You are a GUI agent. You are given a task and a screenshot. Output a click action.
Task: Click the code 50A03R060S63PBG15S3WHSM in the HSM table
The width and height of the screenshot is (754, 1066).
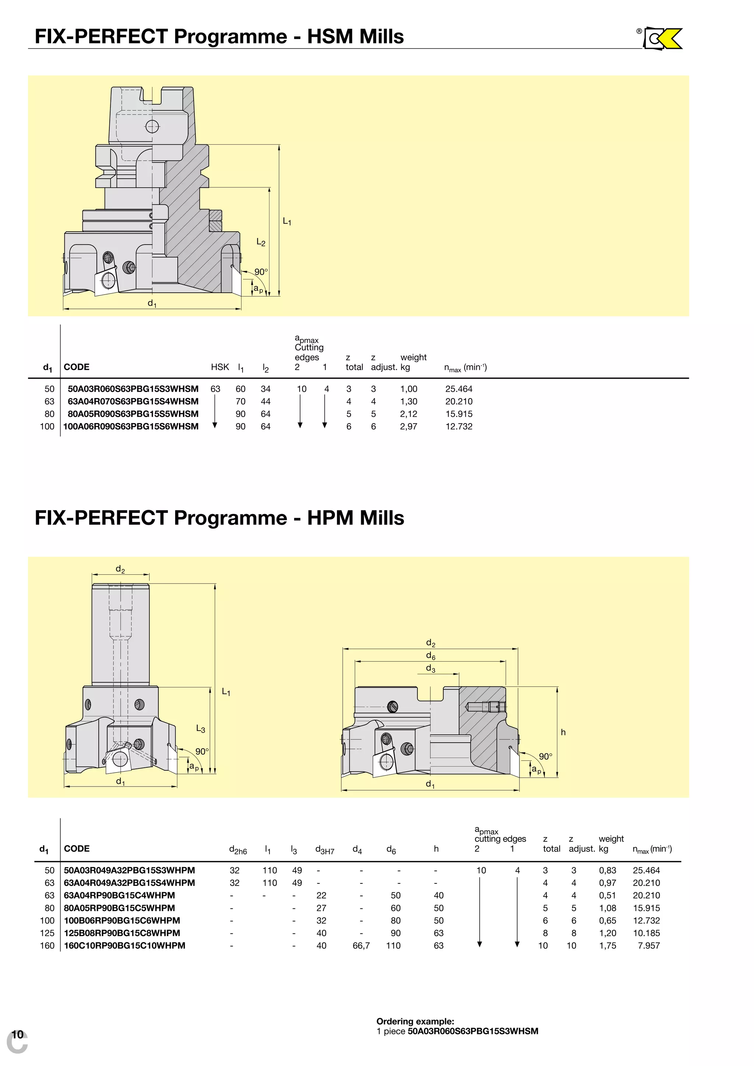[133, 389]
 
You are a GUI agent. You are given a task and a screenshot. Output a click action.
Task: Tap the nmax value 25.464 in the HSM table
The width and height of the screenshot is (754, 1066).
[458, 389]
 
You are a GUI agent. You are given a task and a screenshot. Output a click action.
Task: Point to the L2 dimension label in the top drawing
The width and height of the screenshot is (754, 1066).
[261, 242]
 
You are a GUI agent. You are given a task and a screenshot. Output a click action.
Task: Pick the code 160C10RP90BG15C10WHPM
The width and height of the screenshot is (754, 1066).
[124, 946]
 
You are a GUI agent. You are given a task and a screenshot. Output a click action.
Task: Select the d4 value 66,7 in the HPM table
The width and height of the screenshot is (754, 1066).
[361, 946]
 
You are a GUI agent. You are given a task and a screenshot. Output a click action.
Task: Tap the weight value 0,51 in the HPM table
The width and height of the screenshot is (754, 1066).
[607, 896]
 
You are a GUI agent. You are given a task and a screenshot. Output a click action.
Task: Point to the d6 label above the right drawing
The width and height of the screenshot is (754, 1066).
[430, 656]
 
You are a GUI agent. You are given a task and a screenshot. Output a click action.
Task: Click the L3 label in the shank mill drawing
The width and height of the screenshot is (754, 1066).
[200, 729]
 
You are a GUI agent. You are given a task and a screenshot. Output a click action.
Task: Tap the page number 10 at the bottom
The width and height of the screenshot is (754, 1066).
[17, 1034]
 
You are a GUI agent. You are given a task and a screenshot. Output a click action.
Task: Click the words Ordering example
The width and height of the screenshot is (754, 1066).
[415, 1021]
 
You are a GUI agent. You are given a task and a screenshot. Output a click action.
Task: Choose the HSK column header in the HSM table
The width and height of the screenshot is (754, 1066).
[219, 367]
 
